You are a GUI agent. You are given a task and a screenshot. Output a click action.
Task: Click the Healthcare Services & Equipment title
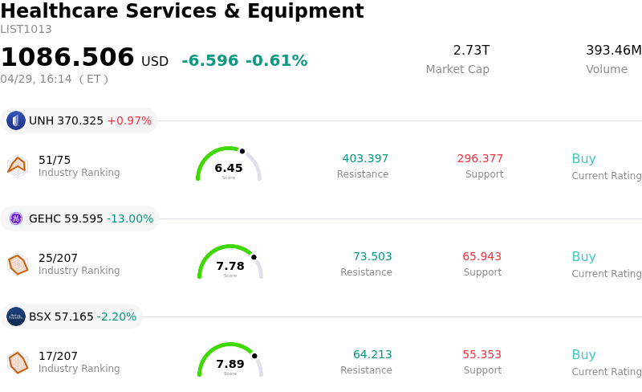pos(182,12)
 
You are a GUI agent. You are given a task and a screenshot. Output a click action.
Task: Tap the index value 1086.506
pos(67,58)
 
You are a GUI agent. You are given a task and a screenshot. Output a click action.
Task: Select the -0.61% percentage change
pos(276,61)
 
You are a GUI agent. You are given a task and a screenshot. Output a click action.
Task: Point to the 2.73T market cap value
pos(471,51)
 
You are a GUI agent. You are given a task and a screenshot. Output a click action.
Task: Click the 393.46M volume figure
pos(613,51)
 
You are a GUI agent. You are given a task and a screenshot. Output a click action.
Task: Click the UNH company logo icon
pos(16,120)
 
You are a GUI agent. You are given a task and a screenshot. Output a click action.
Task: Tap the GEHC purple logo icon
pos(16,218)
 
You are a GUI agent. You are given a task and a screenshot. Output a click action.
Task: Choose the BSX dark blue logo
pos(16,316)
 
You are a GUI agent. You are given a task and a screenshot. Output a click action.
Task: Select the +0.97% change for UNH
pos(129,120)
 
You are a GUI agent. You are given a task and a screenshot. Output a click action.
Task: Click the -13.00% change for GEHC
pos(130,218)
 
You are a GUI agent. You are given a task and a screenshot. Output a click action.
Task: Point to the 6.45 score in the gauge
pos(229,168)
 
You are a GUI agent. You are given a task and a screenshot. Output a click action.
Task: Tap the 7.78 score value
pos(230,266)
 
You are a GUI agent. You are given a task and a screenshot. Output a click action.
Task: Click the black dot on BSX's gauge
pos(254,356)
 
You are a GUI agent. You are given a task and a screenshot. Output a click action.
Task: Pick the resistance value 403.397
pos(365,158)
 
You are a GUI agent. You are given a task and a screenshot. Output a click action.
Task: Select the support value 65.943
pos(481,256)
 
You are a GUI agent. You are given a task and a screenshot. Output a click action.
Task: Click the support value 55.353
pos(481,354)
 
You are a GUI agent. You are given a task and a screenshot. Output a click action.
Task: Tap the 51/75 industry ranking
pos(55,160)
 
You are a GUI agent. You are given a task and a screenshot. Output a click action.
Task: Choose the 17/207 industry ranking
pos(58,356)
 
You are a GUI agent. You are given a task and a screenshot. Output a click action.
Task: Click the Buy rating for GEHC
pos(583,256)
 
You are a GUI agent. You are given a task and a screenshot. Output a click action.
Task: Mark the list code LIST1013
pos(26,30)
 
